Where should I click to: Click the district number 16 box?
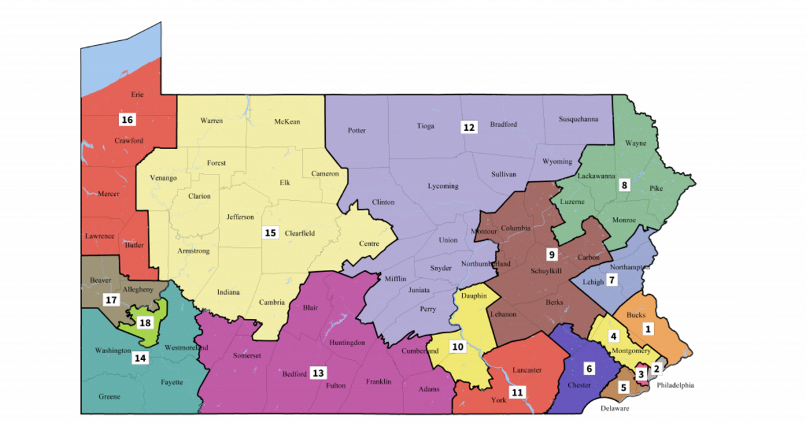click(127, 120)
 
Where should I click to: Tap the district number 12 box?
click(469, 126)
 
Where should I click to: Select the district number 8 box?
click(624, 185)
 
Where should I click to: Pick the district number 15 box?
click(270, 233)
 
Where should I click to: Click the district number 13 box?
click(318, 373)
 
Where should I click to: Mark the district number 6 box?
click(589, 368)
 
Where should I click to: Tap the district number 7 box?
click(612, 280)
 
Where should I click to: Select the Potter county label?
click(357, 130)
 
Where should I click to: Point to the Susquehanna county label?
click(578, 120)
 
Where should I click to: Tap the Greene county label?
click(109, 397)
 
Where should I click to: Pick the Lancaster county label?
click(527, 370)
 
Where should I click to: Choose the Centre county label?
click(369, 244)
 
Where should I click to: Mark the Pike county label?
click(656, 190)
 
